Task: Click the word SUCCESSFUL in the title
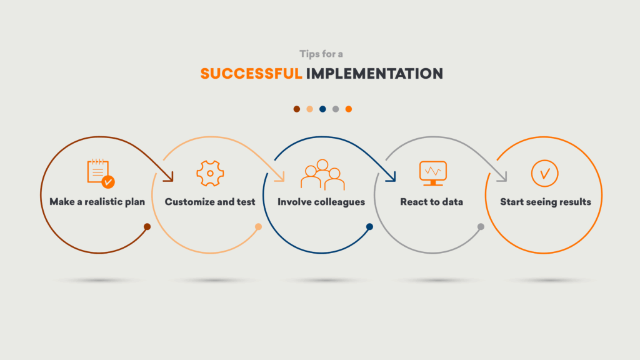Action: (x=251, y=74)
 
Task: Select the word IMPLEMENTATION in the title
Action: (x=374, y=74)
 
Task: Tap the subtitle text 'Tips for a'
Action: (x=321, y=54)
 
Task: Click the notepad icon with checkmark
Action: (x=101, y=174)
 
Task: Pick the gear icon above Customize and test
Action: (x=210, y=174)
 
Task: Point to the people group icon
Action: (x=322, y=175)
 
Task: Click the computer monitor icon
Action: (x=433, y=174)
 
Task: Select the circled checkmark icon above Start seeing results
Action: (x=544, y=174)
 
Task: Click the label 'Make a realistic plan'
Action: (x=97, y=202)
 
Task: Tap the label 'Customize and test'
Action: (x=210, y=202)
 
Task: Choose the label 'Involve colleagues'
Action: (x=321, y=202)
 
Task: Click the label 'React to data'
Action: (x=431, y=202)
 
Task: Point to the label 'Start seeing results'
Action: (x=545, y=202)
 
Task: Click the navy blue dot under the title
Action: (x=322, y=109)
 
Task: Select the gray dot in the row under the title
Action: (x=336, y=109)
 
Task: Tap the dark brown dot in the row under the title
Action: (x=297, y=109)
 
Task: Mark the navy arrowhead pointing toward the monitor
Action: (x=392, y=177)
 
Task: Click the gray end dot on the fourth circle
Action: (x=481, y=226)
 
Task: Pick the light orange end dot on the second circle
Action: (x=258, y=226)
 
